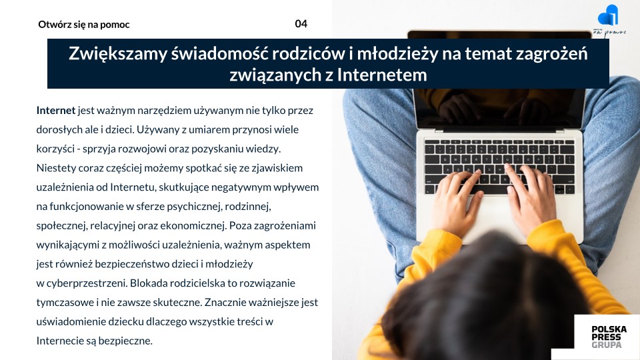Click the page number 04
[301, 24]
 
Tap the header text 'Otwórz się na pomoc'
[84, 25]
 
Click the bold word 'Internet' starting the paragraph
[56, 110]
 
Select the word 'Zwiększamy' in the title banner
[118, 54]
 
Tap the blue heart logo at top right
[608, 15]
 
